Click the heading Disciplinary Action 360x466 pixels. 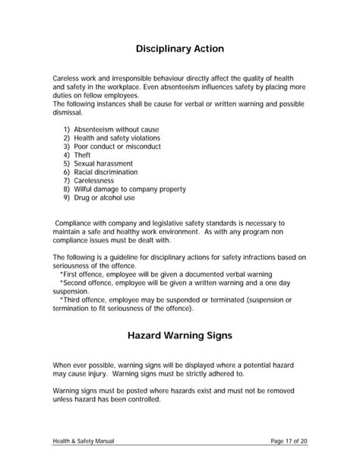180,49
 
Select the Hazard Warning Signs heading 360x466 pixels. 180,334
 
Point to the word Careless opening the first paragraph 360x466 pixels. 66,78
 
